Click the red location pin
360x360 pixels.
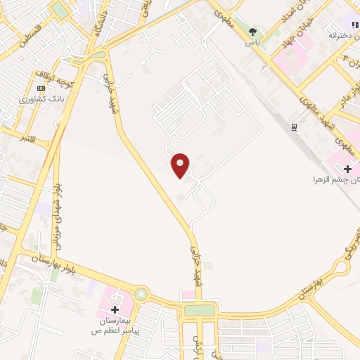181,165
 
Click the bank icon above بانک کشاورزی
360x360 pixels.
41,88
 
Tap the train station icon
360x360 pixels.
294,127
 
